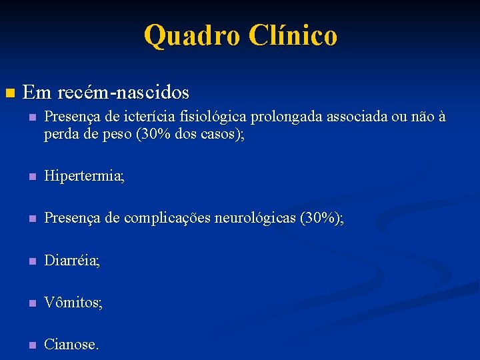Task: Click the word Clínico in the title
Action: click(x=293, y=35)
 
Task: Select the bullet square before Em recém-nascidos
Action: click(x=9, y=92)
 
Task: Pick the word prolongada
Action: click(x=287, y=117)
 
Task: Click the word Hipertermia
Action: click(x=83, y=177)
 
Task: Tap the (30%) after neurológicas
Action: click(x=321, y=219)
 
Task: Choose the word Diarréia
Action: click(x=71, y=261)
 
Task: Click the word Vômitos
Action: click(x=72, y=303)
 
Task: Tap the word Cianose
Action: click(x=70, y=345)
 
